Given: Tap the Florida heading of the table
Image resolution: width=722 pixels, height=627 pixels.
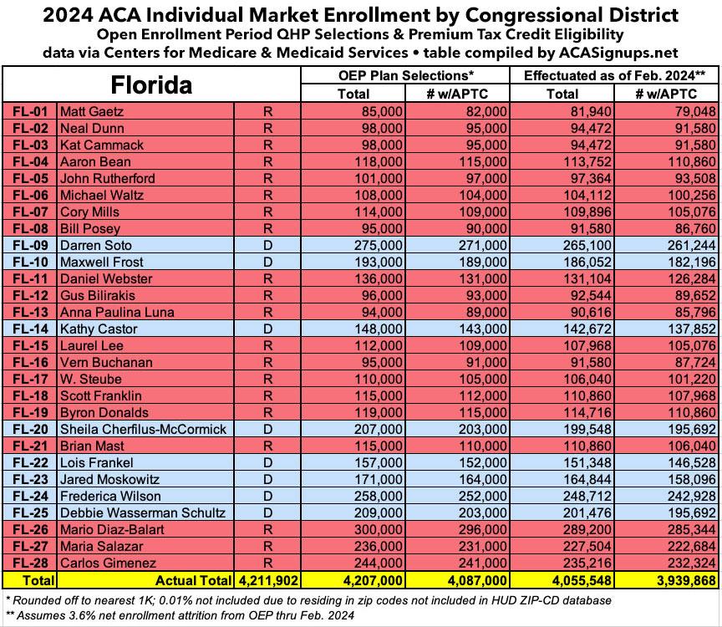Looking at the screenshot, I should (152, 84).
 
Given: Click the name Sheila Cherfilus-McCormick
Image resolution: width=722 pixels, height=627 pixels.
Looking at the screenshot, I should (143, 429).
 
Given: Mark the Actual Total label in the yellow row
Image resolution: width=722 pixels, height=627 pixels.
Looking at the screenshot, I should (192, 579).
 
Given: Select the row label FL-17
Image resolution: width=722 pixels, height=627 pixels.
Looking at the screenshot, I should (30, 379).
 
